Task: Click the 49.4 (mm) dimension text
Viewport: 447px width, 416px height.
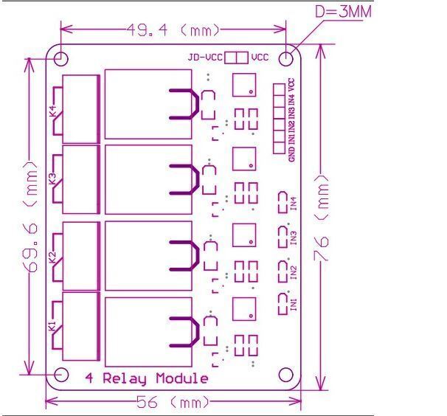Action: coord(174,31)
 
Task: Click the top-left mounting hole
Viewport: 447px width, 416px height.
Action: coord(60,58)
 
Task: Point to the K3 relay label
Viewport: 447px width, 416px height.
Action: coord(52,178)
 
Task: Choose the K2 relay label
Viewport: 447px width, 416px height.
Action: coord(52,257)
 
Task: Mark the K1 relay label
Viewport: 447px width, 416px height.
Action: coord(52,326)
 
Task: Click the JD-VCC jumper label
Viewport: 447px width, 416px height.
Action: coord(205,58)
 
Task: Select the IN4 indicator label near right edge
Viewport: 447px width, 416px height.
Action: coord(294,203)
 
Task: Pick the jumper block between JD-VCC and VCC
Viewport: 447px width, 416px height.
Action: coord(236,58)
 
